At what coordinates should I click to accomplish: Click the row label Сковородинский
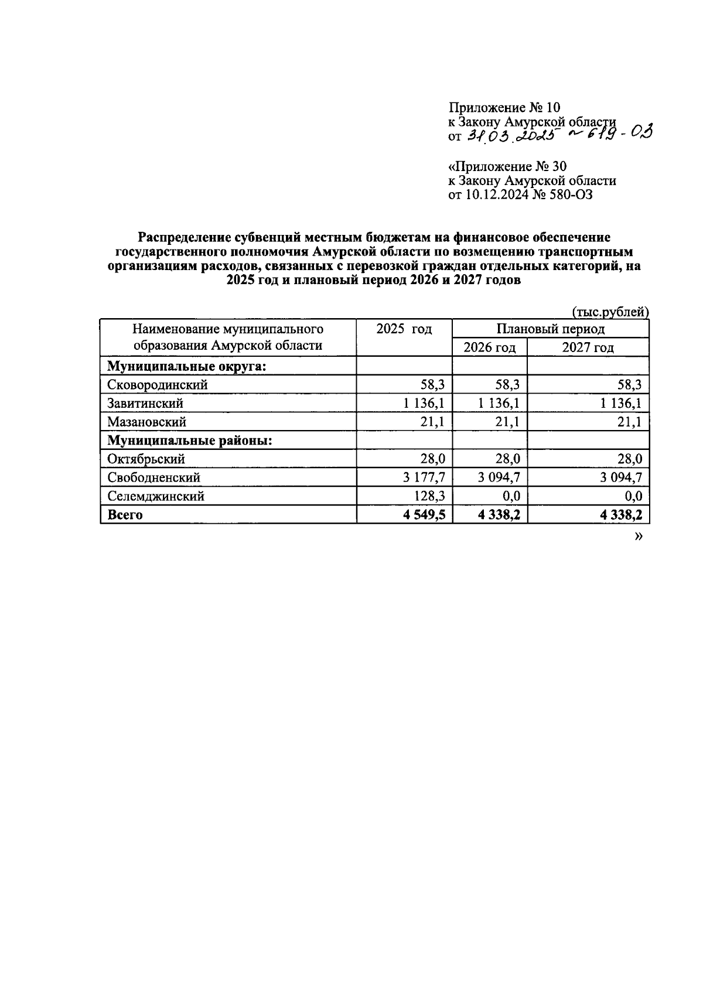coord(157,385)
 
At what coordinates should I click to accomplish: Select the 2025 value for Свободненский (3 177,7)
coord(424,478)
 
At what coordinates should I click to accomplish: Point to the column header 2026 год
coord(489,347)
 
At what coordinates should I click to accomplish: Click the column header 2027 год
coord(588,347)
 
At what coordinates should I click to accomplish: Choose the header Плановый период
coord(550,329)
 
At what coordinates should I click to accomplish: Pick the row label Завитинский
coord(145,404)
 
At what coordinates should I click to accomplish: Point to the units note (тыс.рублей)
coord(610,312)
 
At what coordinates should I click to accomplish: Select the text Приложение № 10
coord(504,108)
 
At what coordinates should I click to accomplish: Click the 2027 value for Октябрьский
coord(630,459)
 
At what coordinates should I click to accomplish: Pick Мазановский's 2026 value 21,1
coord(507,422)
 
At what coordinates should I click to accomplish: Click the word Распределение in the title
coord(185,237)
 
